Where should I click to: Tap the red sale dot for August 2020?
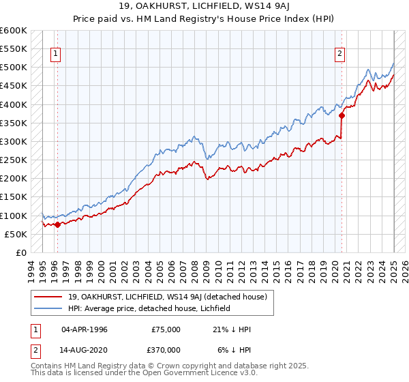pyautogui.click(x=342, y=115)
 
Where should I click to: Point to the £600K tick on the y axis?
pyautogui.click(x=14, y=31)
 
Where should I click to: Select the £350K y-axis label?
pyautogui.click(x=14, y=123)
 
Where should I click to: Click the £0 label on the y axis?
pyautogui.click(x=21, y=252)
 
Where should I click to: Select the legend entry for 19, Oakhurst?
pyautogui.click(x=171, y=297)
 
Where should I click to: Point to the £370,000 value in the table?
pyautogui.click(x=164, y=349)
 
